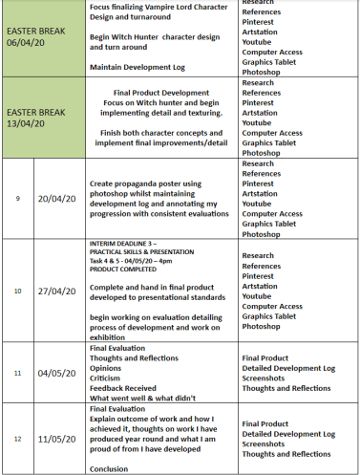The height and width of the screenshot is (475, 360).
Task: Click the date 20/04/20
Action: (x=58, y=198)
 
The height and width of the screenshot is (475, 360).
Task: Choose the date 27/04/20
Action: (x=58, y=291)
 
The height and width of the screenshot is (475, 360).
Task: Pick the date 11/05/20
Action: (x=58, y=438)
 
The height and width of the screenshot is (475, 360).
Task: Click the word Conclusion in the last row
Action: (x=108, y=469)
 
